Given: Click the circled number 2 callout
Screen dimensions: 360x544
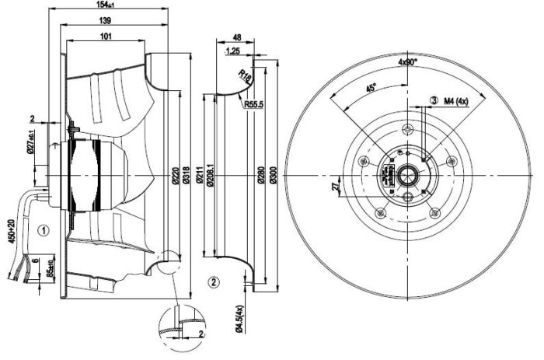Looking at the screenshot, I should click(x=213, y=279).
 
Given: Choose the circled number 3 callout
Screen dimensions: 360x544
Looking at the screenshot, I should click(x=432, y=100).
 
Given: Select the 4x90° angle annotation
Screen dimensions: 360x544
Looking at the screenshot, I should click(x=409, y=61).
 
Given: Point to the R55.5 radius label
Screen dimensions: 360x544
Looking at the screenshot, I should click(x=252, y=103).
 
